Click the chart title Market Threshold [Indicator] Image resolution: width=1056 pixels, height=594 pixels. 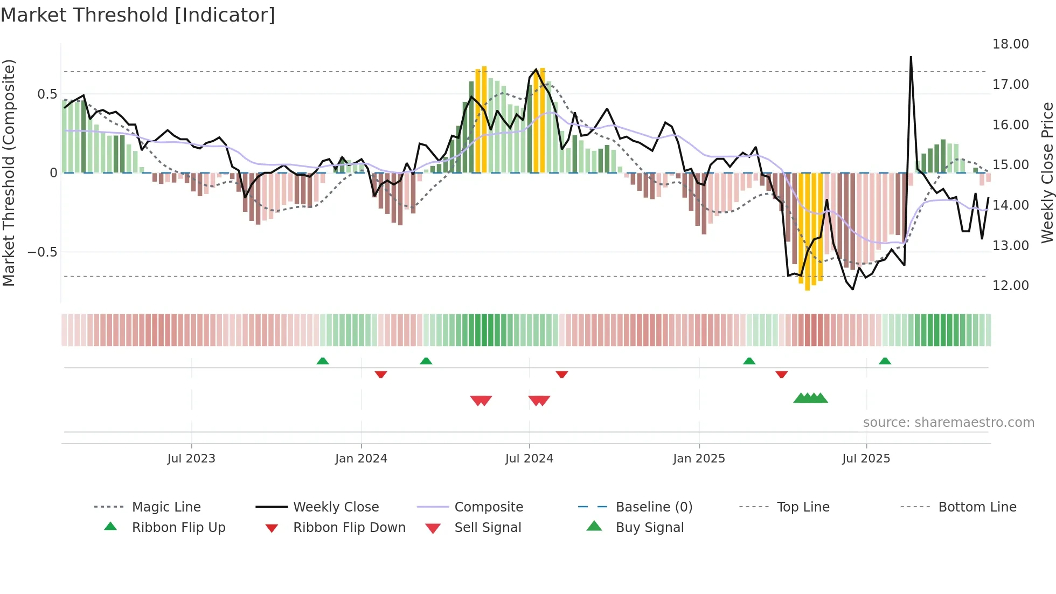click(x=138, y=15)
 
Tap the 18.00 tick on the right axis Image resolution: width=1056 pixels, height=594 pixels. click(x=1010, y=44)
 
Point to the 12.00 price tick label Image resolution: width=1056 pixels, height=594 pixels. click(x=1010, y=286)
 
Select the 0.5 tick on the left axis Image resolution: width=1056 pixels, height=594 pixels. click(x=47, y=94)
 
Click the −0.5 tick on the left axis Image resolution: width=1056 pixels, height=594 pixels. click(x=43, y=252)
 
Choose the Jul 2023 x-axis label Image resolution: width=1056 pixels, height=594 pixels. click(x=191, y=459)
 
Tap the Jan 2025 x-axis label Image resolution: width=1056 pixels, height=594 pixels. click(x=699, y=459)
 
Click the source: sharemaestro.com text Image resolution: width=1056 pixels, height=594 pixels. click(x=948, y=423)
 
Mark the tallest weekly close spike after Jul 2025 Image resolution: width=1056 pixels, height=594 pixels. click(x=911, y=57)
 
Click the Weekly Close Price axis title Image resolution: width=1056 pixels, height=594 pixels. click(x=1047, y=172)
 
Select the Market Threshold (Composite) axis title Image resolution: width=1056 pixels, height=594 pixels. click(x=9, y=172)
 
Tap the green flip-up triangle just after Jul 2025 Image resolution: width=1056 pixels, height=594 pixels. click(x=885, y=361)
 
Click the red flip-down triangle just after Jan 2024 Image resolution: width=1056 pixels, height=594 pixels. click(x=381, y=374)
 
